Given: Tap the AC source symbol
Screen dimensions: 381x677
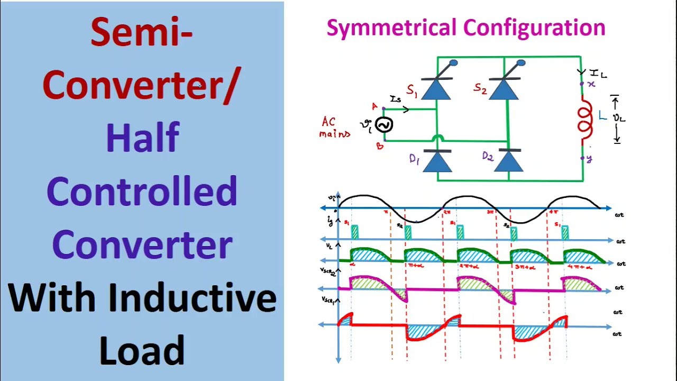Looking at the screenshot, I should [384, 125].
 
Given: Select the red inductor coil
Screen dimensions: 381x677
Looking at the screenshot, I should [585, 121].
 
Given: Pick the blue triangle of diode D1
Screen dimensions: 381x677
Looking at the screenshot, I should [437, 162].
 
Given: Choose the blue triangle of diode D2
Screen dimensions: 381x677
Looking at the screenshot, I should [508, 162].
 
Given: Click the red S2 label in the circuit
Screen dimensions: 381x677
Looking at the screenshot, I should [480, 89].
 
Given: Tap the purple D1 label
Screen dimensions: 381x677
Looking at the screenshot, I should [414, 159].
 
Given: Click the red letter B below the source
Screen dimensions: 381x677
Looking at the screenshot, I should [380, 146].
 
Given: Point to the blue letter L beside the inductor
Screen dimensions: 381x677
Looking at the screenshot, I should [602, 116].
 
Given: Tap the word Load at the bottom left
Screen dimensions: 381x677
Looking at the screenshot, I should [142, 350].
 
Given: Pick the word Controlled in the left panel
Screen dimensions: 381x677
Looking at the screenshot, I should [142, 191].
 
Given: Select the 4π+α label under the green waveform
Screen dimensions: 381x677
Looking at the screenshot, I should [580, 267].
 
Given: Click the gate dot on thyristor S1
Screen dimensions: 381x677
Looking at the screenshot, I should [453, 63].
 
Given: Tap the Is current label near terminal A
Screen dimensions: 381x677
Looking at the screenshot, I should [396, 99].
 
